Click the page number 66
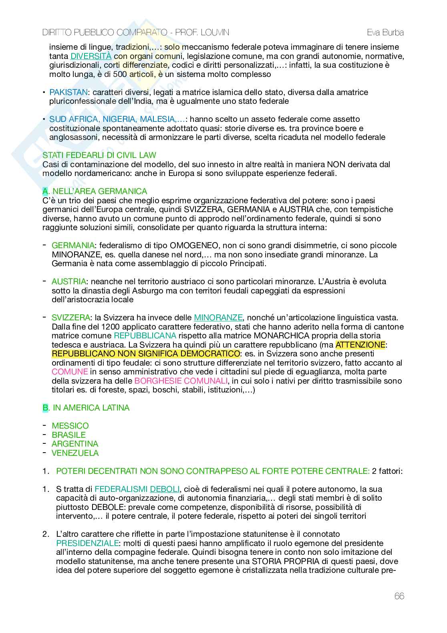[x=399, y=596]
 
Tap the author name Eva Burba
[x=385, y=32]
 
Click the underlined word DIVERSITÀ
[x=91, y=56]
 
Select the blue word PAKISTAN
[x=68, y=92]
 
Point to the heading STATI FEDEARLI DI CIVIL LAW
[x=99, y=155]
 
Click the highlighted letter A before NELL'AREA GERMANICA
[x=45, y=191]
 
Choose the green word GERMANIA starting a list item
[x=73, y=245]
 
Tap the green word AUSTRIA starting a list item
[x=68, y=281]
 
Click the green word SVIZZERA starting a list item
[x=71, y=318]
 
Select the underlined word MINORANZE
[x=218, y=318]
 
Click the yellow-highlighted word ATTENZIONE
[x=360, y=345]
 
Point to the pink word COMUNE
[x=70, y=372]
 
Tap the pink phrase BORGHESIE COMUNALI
[x=181, y=381]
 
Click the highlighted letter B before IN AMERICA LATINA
[x=45, y=408]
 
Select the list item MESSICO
[x=70, y=426]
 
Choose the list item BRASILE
[x=68, y=435]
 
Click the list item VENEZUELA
[x=75, y=453]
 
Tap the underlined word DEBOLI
[x=165, y=489]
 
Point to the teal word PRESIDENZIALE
[x=87, y=543]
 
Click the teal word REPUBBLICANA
[x=145, y=336]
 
